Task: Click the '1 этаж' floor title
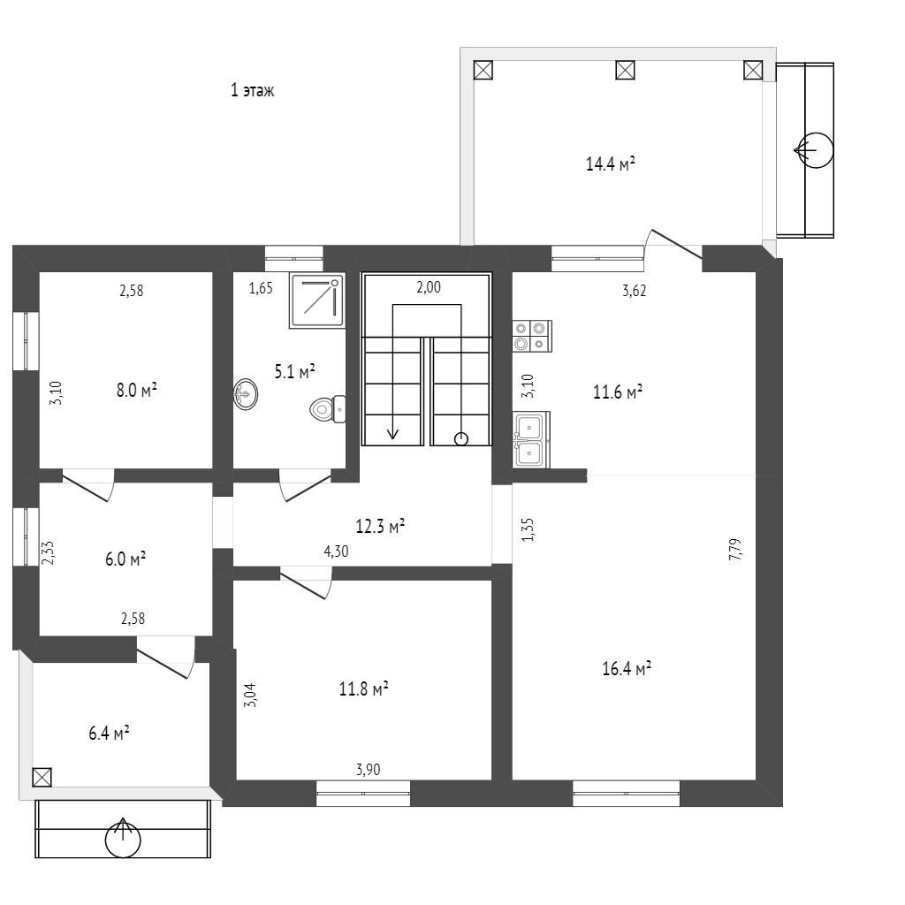252,90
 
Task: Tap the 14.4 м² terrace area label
612,164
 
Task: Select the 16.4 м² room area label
627,669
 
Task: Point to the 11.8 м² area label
364,688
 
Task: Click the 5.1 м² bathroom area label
295,372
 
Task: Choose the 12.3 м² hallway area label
380,527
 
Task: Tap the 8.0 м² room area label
136,389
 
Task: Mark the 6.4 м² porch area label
110,733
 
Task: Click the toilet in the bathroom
328,408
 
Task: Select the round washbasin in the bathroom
247,394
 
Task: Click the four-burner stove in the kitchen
532,335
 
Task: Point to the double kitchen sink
531,439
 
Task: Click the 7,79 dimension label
734,551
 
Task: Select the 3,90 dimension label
368,770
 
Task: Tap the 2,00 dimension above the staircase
428,286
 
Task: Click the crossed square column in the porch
42,777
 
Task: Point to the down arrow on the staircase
393,430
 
